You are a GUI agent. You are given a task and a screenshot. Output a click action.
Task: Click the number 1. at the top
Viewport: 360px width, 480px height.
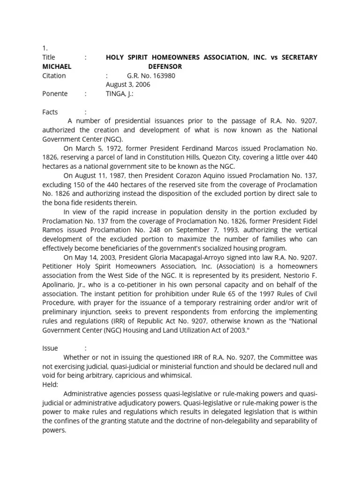point(45,48)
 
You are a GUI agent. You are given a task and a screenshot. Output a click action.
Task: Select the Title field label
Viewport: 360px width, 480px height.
point(49,57)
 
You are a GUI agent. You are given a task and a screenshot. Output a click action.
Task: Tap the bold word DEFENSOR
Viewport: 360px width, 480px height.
point(165,67)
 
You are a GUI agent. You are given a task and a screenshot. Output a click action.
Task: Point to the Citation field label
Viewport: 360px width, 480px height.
point(54,75)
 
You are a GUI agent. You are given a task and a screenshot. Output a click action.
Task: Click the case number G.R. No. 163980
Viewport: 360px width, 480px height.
point(151,75)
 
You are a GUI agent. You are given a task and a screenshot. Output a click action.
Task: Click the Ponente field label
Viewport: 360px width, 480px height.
point(55,94)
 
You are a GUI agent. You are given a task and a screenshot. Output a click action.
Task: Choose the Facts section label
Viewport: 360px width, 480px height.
point(50,112)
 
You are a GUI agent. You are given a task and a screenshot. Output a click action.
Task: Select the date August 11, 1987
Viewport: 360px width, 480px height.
point(97,176)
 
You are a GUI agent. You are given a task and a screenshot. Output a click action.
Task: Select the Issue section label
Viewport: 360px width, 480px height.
point(50,348)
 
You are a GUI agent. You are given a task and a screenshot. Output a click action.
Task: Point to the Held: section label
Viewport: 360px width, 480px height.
point(50,384)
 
